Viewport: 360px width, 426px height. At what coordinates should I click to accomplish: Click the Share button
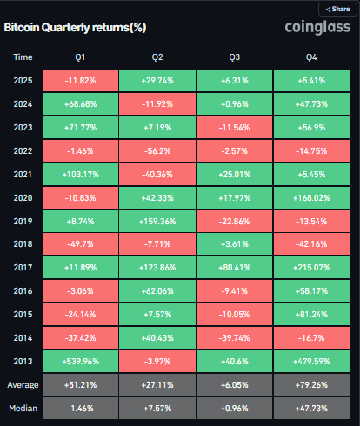(337, 9)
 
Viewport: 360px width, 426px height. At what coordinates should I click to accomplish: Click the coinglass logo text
(318, 28)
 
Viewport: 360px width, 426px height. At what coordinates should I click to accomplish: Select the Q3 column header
(234, 57)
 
